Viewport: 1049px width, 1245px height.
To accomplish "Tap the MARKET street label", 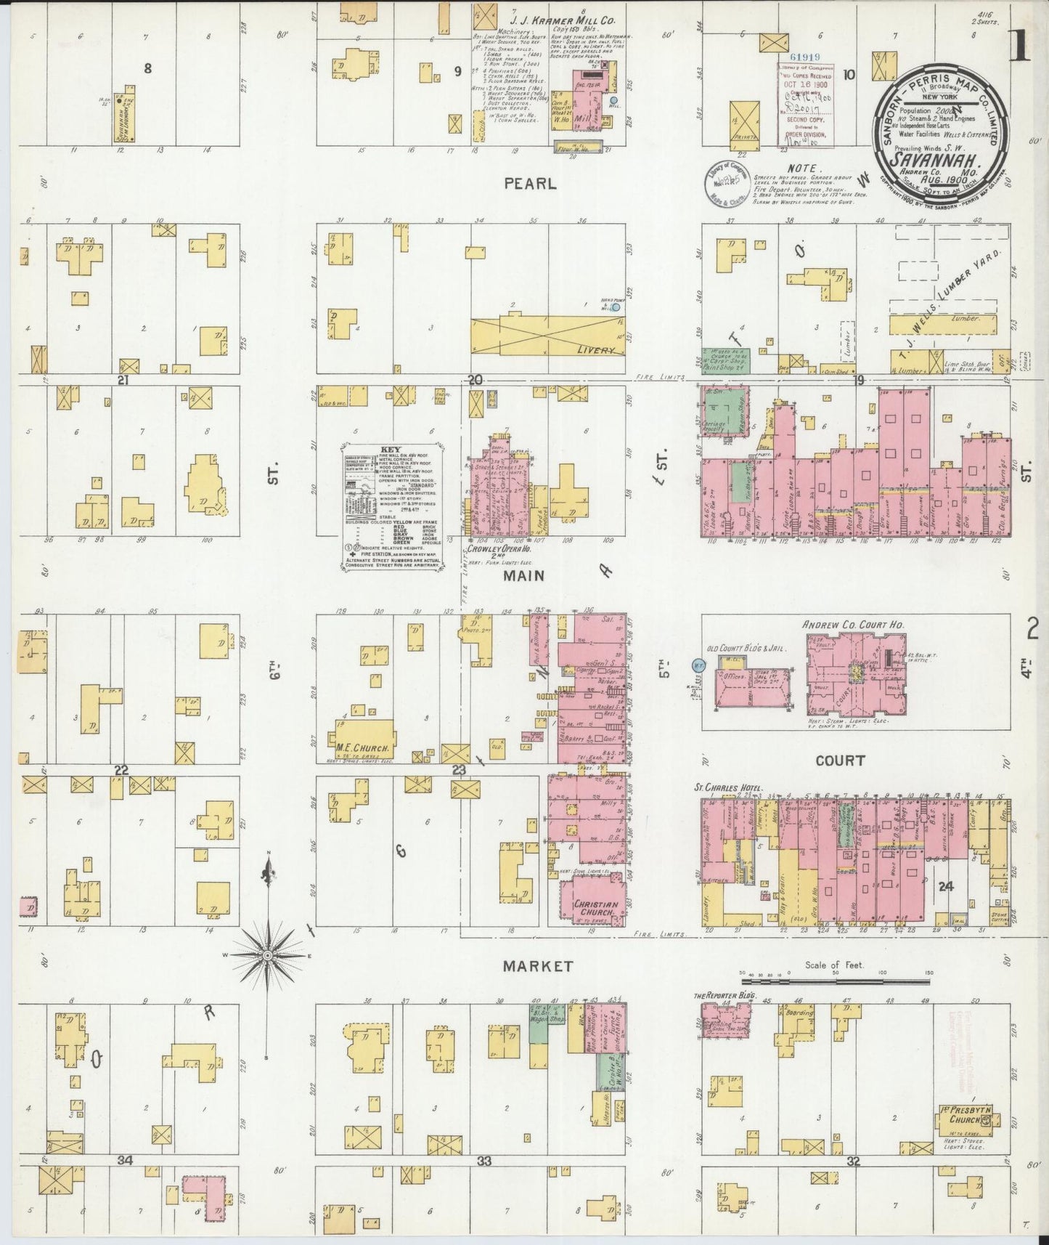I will pos(538,966).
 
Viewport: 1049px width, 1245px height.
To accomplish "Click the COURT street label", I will pos(839,761).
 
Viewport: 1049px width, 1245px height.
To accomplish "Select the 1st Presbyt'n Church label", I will pos(966,1114).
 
